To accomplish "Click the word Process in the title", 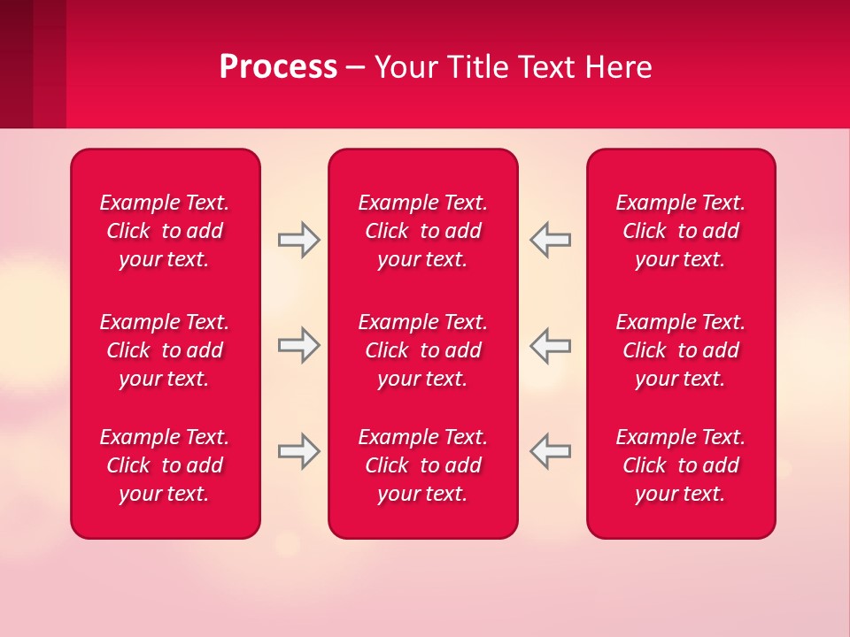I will point(278,67).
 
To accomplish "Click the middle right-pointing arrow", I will point(298,345).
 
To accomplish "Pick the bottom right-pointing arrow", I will point(298,451).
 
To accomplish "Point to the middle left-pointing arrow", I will point(551,345).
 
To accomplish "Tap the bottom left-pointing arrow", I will point(551,451).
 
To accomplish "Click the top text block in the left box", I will point(165,231).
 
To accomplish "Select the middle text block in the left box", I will point(165,350).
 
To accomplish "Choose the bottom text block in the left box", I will point(165,465).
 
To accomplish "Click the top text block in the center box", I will point(423,231).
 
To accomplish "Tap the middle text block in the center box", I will point(423,350).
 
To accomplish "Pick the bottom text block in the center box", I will point(423,465).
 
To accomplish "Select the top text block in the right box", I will point(681,231).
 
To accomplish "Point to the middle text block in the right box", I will point(681,350).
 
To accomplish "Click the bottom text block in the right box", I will point(681,465).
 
